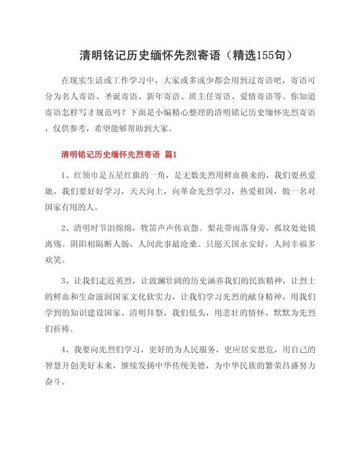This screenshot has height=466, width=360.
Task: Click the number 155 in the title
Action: [264, 55]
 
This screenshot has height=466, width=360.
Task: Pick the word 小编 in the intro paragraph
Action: [168, 112]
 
